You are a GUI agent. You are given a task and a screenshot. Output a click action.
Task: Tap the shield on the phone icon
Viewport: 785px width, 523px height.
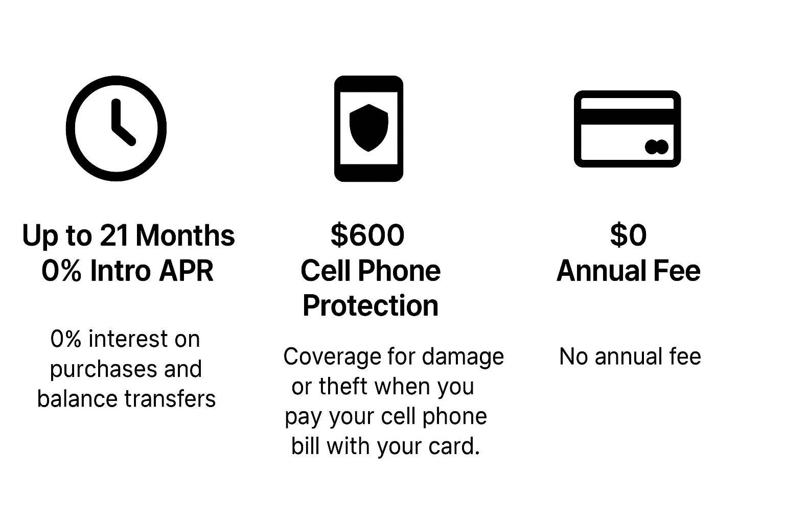[x=368, y=128]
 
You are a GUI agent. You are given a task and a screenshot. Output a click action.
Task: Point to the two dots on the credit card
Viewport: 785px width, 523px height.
[x=656, y=147]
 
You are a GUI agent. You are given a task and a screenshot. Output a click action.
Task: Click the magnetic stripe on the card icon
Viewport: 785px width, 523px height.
[x=627, y=116]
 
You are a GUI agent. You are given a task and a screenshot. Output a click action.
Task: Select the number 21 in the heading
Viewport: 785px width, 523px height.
[x=114, y=235]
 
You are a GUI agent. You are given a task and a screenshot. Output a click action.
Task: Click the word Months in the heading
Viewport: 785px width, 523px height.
[x=186, y=235]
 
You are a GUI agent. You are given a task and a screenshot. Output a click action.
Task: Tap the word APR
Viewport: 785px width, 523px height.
[x=186, y=271]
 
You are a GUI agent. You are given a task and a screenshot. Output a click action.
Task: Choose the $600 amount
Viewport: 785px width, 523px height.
[x=367, y=235]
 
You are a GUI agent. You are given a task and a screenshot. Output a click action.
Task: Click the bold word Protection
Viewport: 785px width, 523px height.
[x=371, y=305]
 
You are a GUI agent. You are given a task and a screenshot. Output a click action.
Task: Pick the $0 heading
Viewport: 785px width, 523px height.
[x=628, y=235]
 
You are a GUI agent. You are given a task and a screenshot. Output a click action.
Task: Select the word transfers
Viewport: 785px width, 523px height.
[x=170, y=399]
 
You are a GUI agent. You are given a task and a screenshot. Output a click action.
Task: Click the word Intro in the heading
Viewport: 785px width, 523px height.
[x=120, y=271]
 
